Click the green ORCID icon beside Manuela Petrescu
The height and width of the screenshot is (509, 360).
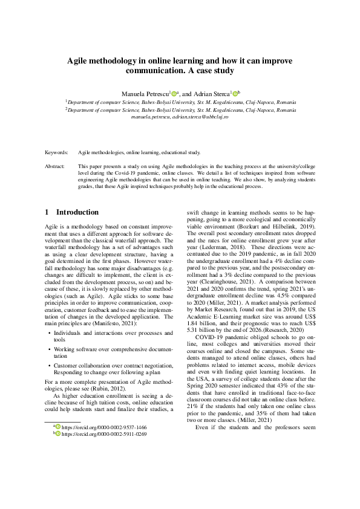(x=174, y=94)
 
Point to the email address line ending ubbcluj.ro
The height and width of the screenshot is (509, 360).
(x=180, y=117)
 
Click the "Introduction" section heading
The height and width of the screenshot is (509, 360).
(x=77, y=213)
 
